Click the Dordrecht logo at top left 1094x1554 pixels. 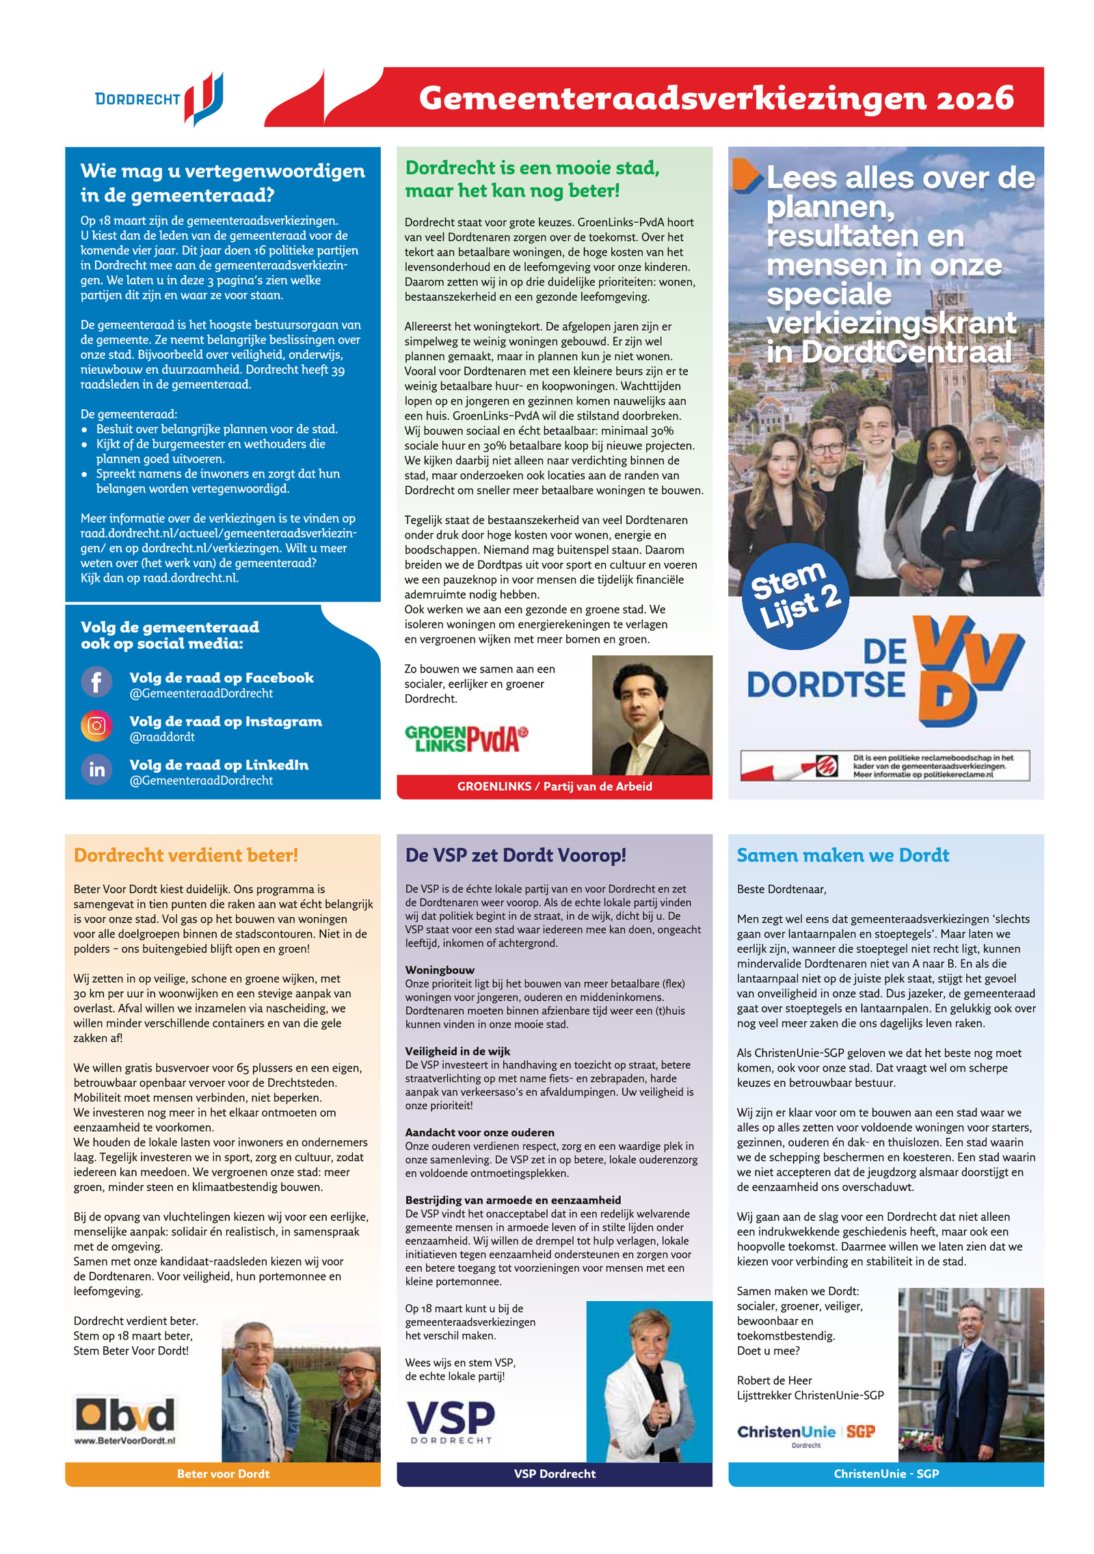point(159,99)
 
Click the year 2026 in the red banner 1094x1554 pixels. point(974,98)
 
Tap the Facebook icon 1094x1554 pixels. point(96,681)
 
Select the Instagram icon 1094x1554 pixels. point(96,725)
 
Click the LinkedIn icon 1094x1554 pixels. point(96,769)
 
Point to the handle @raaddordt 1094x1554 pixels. point(162,737)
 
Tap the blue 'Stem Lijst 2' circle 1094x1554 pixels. point(795,596)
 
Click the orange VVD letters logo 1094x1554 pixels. point(968,670)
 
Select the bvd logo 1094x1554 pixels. point(125,1414)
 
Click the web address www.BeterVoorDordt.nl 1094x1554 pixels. point(124,1440)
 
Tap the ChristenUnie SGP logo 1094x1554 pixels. point(805,1432)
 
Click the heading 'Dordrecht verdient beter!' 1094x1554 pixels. point(185,855)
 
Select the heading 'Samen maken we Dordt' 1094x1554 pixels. point(842,855)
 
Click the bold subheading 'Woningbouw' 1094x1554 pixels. point(440,970)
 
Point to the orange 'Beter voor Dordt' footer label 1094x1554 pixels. point(223,1474)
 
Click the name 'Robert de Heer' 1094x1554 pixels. point(774,1380)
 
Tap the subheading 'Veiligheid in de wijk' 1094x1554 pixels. point(457,1051)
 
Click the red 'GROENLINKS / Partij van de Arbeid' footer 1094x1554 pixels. point(555,787)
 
